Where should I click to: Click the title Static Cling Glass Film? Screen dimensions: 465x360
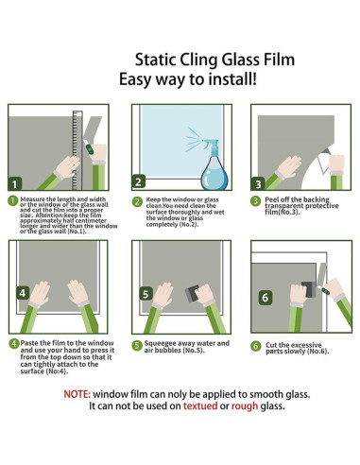215,60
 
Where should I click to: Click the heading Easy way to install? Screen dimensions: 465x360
187,80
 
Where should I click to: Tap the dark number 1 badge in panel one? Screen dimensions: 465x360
16,183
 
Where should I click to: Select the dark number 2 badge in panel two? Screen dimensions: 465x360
139,182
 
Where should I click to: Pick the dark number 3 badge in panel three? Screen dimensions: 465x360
258,183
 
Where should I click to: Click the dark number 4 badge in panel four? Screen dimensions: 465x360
23,292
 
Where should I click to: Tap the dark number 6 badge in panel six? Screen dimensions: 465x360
266,297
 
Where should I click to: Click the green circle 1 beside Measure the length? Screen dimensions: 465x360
13,201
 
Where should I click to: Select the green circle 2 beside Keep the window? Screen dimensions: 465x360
137,201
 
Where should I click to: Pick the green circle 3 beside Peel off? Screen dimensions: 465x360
255,201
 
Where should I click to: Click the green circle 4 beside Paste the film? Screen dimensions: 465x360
13,343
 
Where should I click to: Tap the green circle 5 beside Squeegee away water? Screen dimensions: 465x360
137,346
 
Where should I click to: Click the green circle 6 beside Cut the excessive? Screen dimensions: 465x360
255,346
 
